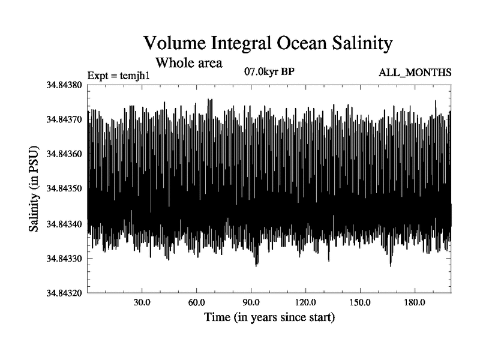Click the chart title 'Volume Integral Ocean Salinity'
(267, 43)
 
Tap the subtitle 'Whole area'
(189, 62)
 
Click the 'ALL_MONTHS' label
(414, 73)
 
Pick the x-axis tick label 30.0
(142, 302)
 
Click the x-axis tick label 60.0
(196, 302)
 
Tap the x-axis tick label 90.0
(251, 302)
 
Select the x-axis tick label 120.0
(305, 302)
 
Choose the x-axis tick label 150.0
(360, 302)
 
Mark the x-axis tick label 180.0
(415, 302)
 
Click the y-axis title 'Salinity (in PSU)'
(34, 189)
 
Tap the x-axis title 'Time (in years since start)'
(269, 316)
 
